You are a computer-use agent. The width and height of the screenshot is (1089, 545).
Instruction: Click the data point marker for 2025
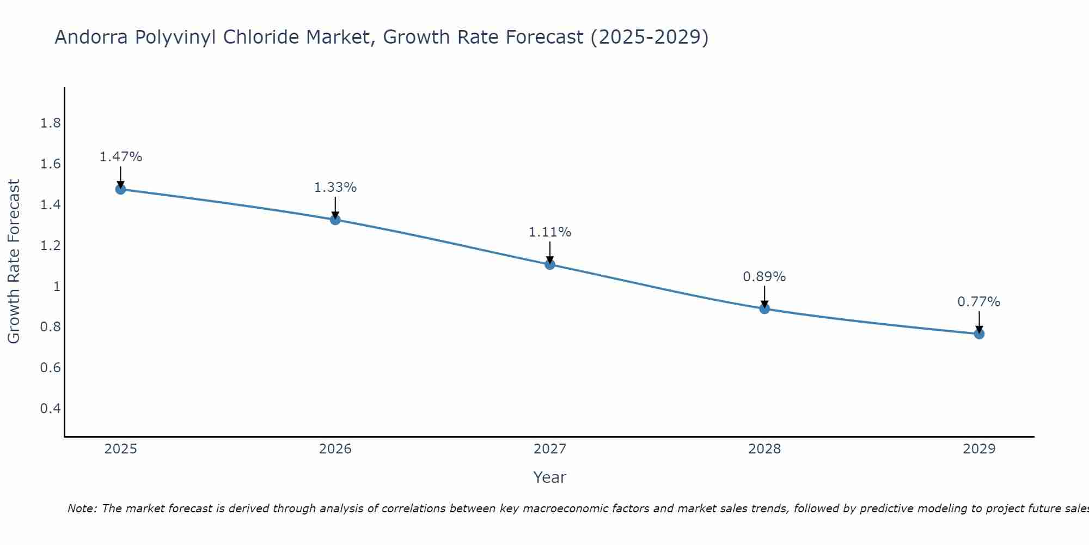[121, 189]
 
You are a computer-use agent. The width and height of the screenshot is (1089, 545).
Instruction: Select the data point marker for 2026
[335, 220]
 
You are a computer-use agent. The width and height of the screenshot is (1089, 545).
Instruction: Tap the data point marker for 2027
[550, 264]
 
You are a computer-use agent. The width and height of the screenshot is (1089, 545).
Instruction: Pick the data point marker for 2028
[764, 308]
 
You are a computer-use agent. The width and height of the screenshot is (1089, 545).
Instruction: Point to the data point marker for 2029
[979, 334]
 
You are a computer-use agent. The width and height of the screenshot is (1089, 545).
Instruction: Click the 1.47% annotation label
[121, 157]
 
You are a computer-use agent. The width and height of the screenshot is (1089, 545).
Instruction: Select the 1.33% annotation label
[335, 187]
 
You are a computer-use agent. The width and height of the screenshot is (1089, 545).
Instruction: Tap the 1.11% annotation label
[550, 232]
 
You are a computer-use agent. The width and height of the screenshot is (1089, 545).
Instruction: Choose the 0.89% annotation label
[764, 277]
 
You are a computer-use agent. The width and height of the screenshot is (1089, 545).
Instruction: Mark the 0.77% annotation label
[979, 302]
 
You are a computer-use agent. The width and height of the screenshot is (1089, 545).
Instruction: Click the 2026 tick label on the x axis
[335, 449]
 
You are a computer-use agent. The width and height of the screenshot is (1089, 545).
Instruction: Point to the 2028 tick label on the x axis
[764, 449]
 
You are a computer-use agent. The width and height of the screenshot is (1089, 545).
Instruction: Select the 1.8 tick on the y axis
[51, 123]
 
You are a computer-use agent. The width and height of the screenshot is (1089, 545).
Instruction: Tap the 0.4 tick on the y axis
[51, 408]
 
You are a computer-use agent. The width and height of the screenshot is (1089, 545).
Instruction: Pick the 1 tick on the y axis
[57, 286]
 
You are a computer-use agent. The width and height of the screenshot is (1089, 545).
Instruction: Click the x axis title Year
[550, 477]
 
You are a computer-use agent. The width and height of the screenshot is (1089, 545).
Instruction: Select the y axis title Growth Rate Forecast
[14, 262]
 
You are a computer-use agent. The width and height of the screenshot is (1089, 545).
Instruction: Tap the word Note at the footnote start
[82, 508]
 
